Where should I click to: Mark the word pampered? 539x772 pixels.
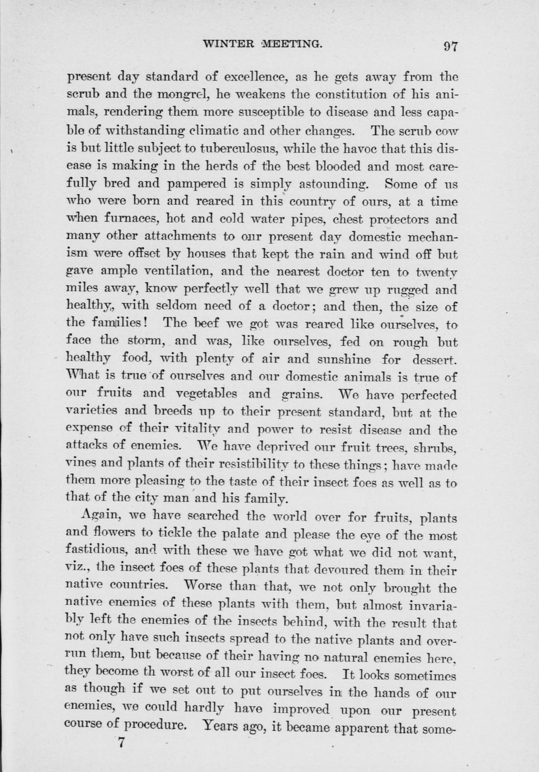click(x=200, y=183)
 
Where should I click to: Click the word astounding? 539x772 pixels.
click(x=327, y=183)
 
